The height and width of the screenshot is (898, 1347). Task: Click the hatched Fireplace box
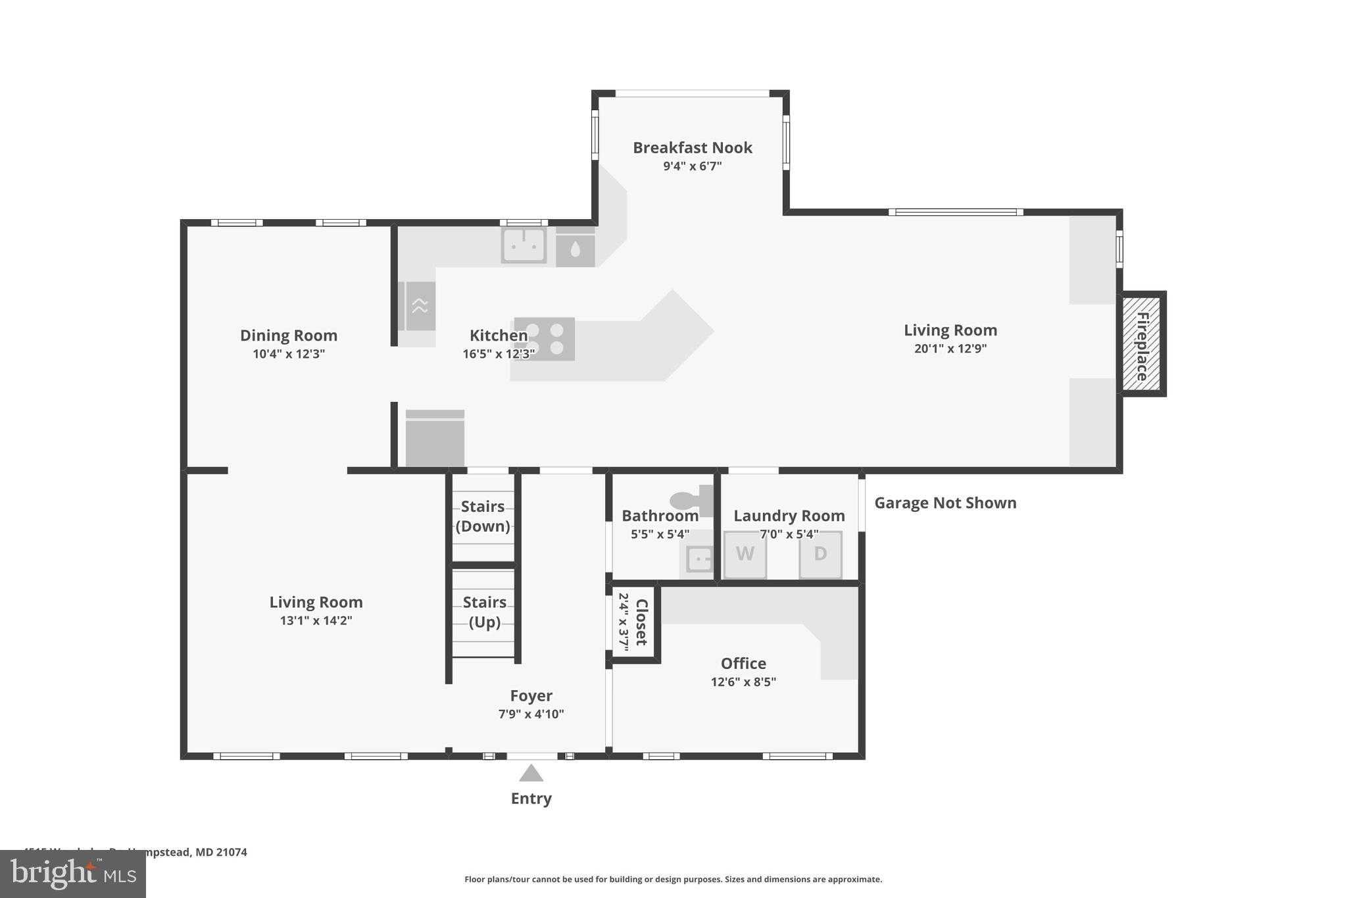1142,343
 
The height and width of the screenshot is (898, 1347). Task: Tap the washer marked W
745,555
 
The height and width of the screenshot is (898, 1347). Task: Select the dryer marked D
820,555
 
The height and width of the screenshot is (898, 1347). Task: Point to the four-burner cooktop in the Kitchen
544,339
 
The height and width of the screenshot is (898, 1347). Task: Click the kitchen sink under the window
524,245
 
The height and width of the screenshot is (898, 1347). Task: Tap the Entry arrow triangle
531,773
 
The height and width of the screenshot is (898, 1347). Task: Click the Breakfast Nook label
692,147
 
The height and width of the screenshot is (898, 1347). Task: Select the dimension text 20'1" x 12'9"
950,349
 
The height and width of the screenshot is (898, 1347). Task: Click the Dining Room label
288,336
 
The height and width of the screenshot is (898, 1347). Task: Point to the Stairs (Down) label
483,516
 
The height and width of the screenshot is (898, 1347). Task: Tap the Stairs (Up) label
484,612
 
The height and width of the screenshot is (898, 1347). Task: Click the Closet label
641,622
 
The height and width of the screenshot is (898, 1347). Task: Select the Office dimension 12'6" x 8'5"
743,682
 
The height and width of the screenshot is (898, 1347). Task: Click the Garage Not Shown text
944,503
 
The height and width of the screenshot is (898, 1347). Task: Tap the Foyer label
531,695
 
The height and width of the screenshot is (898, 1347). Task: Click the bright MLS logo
73,874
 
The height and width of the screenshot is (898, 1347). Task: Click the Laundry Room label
789,516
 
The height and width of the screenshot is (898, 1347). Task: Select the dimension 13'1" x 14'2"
316,620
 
